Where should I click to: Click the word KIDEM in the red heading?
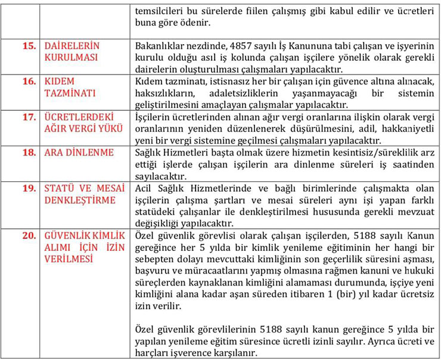click(60, 81)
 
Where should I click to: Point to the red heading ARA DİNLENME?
click(79, 153)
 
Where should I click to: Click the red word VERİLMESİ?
click(70, 259)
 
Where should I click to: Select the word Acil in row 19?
click(143, 188)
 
